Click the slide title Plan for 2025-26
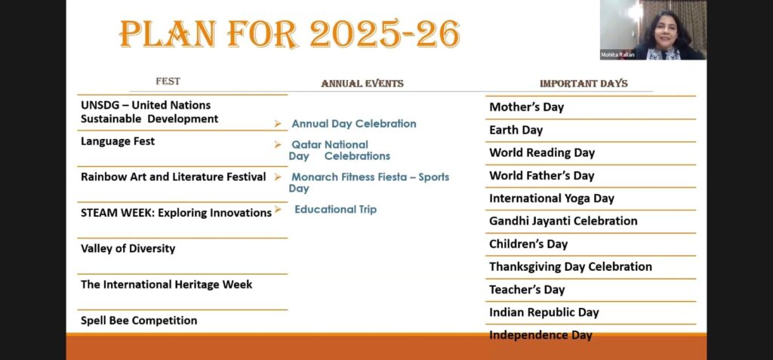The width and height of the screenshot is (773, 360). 290,33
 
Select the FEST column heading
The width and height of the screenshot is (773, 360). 168,82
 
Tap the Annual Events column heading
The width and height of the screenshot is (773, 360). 362,84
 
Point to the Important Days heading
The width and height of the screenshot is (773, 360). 584,84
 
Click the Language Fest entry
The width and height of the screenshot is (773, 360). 118,141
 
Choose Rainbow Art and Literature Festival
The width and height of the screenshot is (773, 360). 174,177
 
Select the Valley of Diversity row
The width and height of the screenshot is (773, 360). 128,248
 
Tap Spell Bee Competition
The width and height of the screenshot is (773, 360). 139,321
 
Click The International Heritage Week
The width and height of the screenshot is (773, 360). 167,285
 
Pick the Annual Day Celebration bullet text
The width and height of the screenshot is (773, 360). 354,124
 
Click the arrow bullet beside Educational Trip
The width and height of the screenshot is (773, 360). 278,209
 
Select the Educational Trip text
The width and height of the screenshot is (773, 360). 336,210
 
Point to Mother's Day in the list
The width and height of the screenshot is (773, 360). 526,107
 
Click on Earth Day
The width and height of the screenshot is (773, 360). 516,131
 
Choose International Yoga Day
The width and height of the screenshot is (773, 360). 552,198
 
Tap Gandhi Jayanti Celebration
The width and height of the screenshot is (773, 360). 563,221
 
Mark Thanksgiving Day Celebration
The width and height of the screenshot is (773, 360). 571,267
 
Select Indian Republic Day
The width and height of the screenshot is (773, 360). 544,312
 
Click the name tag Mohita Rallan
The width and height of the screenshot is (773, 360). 617,55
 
